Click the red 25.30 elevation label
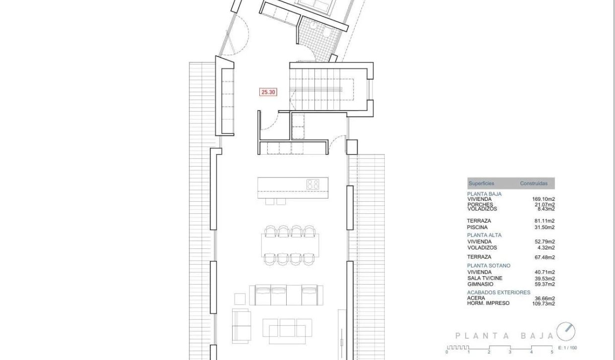coord(268,92)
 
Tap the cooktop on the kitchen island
coord(313,184)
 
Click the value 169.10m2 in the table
coord(544,199)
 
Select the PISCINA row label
coord(477,227)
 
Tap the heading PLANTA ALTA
coord(484,235)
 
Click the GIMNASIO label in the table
coord(481,284)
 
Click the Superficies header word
coord(481,183)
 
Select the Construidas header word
coord(534,183)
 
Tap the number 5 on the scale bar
coord(552,352)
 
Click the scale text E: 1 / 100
coord(567,348)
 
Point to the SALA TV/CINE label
coord(484,278)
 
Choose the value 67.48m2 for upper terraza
coord(544,257)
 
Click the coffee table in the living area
coord(288,328)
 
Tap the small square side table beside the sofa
coord(240,299)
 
